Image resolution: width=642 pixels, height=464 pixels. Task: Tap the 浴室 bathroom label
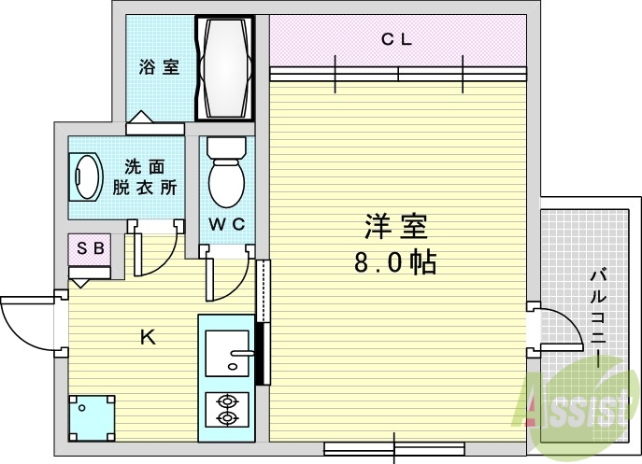click(x=159, y=68)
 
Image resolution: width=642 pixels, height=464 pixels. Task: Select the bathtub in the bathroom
click(x=224, y=68)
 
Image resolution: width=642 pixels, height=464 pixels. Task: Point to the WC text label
click(x=225, y=224)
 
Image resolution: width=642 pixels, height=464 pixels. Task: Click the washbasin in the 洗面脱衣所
click(x=87, y=177)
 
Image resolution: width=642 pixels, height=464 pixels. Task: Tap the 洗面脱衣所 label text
click(x=145, y=176)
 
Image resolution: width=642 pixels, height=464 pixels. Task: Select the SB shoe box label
click(x=90, y=248)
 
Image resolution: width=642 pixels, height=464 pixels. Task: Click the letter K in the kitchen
click(x=148, y=338)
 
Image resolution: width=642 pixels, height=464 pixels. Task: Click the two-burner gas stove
click(x=225, y=411)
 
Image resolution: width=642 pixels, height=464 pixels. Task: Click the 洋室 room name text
click(x=394, y=227)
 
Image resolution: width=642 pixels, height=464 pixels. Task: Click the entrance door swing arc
click(x=26, y=322)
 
